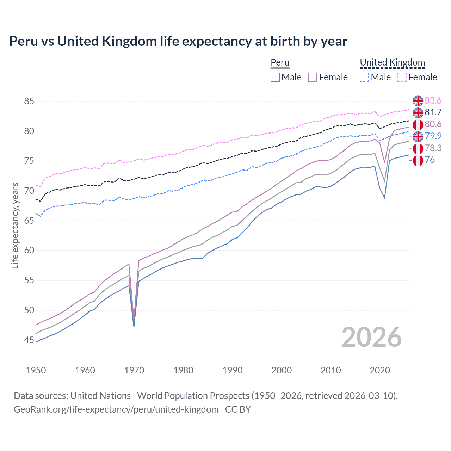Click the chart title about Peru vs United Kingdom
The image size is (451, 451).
pos(178,41)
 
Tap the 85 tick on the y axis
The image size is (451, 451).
pos(29,101)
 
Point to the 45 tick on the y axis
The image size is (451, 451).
pos(29,340)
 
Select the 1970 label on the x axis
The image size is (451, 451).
pos(134,370)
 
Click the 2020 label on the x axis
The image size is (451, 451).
pos(380,370)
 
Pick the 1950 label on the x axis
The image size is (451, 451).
pos(36,370)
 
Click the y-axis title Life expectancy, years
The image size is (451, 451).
pos(15,225)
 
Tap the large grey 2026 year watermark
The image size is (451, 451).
pos(371,337)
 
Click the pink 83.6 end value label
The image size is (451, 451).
pos(433,101)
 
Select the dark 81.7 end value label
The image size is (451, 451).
pos(433,112)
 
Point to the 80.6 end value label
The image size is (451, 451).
pos(433,124)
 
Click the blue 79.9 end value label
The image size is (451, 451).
pos(433,136)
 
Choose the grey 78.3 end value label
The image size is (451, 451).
pos(433,148)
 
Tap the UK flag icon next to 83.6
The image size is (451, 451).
pos(418,101)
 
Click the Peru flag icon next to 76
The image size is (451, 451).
pos(418,160)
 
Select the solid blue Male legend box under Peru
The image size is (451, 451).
pos(275,77)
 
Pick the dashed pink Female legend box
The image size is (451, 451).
pos(402,77)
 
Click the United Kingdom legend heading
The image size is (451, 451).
pos(392,62)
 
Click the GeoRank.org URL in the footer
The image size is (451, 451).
pos(116,409)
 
